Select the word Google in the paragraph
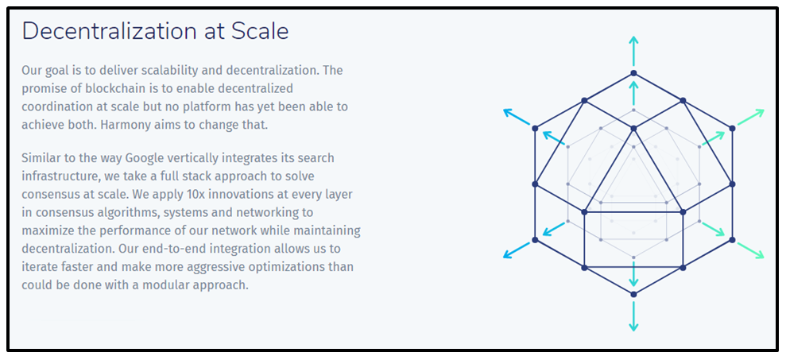coord(145,159)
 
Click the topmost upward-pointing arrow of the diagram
coord(633,51)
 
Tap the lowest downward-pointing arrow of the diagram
coord(633,316)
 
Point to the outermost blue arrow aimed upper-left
coord(517,117)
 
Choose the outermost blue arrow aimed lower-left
coord(517,250)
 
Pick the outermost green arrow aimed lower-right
coord(750,250)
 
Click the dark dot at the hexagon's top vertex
coord(633,73)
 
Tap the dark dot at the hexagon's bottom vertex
coord(633,294)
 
